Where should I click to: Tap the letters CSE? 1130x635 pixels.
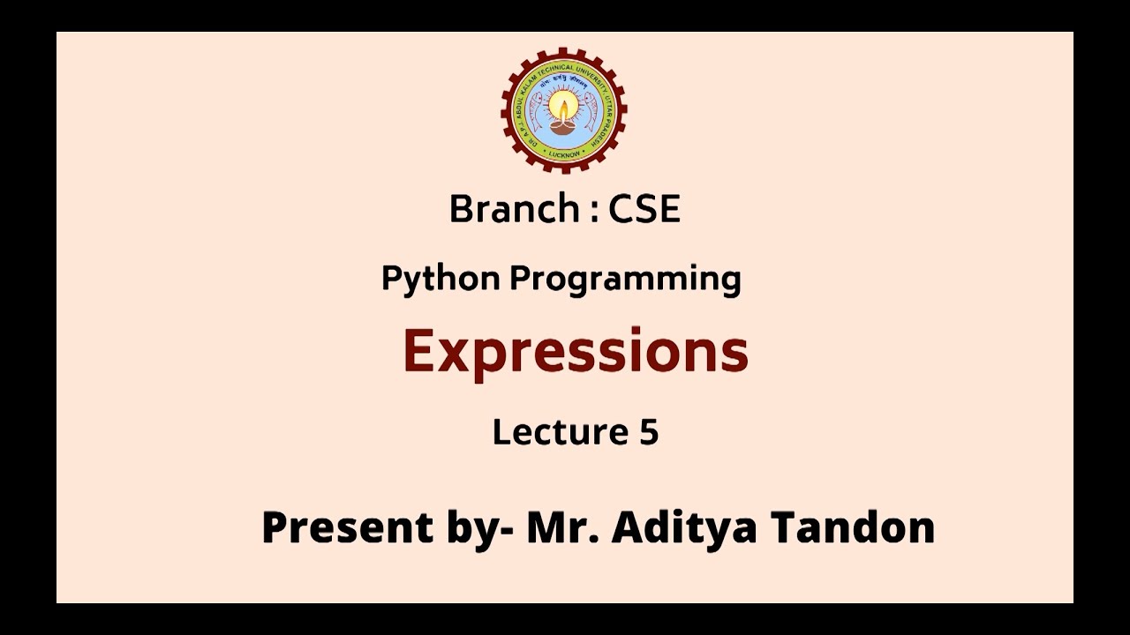point(644,210)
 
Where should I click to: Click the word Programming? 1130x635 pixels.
point(625,280)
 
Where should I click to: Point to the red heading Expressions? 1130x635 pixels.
point(575,351)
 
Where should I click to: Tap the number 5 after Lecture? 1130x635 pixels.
point(647,432)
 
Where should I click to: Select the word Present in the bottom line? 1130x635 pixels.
point(347,527)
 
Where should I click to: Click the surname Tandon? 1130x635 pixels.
point(853,527)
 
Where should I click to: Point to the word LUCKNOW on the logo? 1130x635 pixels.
point(563,153)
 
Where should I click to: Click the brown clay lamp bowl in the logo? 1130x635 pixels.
point(563,126)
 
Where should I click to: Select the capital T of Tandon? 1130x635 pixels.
point(787,527)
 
